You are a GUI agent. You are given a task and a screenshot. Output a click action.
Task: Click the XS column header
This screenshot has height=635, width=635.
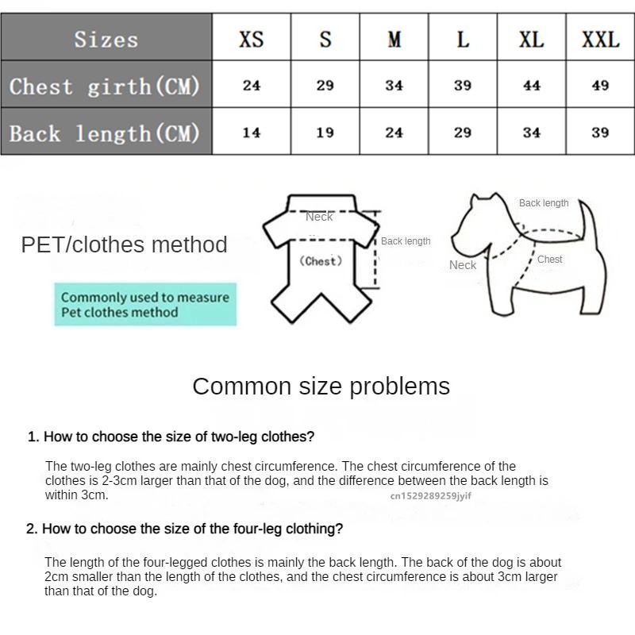point(251,39)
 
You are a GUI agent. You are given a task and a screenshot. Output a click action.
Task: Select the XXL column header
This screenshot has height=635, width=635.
point(600,39)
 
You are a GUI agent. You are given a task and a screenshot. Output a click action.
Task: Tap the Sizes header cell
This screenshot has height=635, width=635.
point(106,39)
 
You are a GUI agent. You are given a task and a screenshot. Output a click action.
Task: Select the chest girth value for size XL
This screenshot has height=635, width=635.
point(532,86)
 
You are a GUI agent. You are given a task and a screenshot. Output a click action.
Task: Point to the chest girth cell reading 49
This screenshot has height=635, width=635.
point(600,86)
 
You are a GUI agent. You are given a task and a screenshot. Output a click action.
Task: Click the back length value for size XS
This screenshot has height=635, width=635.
point(251,133)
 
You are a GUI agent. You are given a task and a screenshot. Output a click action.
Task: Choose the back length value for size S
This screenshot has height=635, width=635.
point(325,133)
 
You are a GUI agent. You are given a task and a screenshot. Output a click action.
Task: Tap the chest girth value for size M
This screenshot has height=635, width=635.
point(394,86)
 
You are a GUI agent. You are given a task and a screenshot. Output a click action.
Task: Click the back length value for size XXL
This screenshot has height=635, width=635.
point(600,133)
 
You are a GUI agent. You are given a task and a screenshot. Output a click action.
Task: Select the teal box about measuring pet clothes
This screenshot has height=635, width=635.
point(145,305)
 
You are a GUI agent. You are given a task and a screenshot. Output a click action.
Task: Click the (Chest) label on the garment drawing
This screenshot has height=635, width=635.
point(321,261)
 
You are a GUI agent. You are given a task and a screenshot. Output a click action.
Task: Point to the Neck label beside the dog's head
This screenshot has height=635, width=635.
point(463,265)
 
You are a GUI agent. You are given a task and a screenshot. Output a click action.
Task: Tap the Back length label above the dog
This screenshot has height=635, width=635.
point(544,203)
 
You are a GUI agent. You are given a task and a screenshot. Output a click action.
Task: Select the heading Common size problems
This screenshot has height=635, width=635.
point(321,387)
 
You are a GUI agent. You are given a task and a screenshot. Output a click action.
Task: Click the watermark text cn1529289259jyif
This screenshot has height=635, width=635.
point(430,496)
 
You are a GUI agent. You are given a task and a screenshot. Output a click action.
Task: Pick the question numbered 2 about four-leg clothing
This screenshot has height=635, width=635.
point(185,529)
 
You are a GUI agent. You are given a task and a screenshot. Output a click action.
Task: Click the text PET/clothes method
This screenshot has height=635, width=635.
point(124,244)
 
